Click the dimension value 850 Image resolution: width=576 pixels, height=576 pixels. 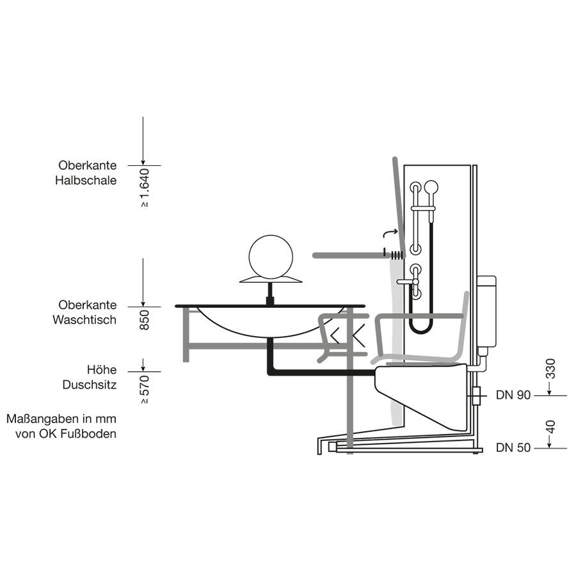(144, 319)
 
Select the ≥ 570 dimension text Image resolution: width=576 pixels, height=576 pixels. (144, 388)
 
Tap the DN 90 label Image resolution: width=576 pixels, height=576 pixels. (513, 396)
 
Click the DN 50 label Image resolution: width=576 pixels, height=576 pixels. (513, 448)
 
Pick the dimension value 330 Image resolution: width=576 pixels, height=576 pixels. (552, 369)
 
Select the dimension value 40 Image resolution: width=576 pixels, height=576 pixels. (552, 428)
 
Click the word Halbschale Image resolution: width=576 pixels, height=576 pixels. (86, 180)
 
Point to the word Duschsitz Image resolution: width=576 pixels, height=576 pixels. (90, 385)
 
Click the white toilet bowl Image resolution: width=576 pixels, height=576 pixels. (422, 390)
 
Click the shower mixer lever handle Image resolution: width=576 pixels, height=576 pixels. (407, 281)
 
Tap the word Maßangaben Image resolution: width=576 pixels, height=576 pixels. (38, 420)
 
